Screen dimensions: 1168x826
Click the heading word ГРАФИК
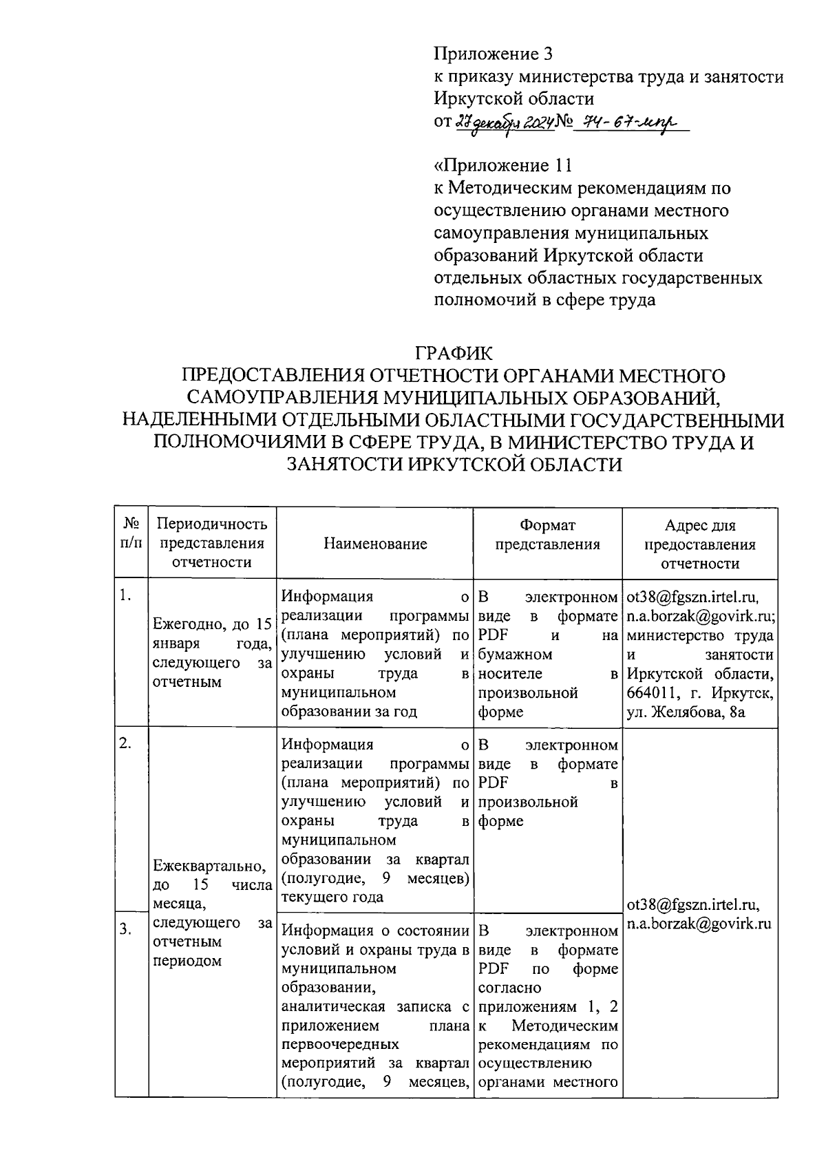[x=454, y=354]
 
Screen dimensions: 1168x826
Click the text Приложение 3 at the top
[x=493, y=54]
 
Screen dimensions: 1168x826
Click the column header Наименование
[x=375, y=544]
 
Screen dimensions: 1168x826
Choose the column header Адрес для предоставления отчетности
[x=700, y=544]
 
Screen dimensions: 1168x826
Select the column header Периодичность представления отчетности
[x=212, y=543]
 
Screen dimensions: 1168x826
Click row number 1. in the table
[x=125, y=596]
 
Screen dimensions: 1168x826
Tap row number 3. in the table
[x=125, y=929]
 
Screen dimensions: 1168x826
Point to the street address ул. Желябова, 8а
[x=686, y=712]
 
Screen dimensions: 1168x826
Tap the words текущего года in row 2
[x=332, y=898]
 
